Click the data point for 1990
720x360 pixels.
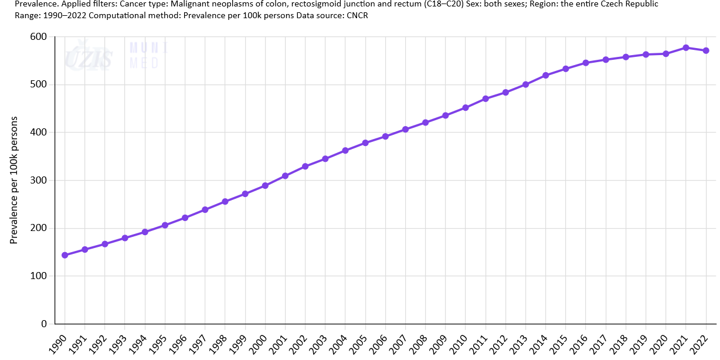(x=65, y=255)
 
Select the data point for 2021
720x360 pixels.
(x=686, y=47)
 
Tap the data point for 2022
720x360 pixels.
(x=706, y=50)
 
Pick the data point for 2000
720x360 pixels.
(x=265, y=185)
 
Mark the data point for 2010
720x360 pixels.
(x=466, y=107)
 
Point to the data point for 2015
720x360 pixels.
(x=566, y=69)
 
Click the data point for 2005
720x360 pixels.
(x=365, y=142)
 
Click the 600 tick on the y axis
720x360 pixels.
(x=39, y=37)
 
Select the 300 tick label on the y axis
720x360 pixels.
(x=39, y=181)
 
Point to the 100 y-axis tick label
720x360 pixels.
(x=39, y=276)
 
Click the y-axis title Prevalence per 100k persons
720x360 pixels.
(x=14, y=180)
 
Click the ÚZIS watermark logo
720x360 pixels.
(x=88, y=56)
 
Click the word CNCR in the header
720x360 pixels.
(x=357, y=15)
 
